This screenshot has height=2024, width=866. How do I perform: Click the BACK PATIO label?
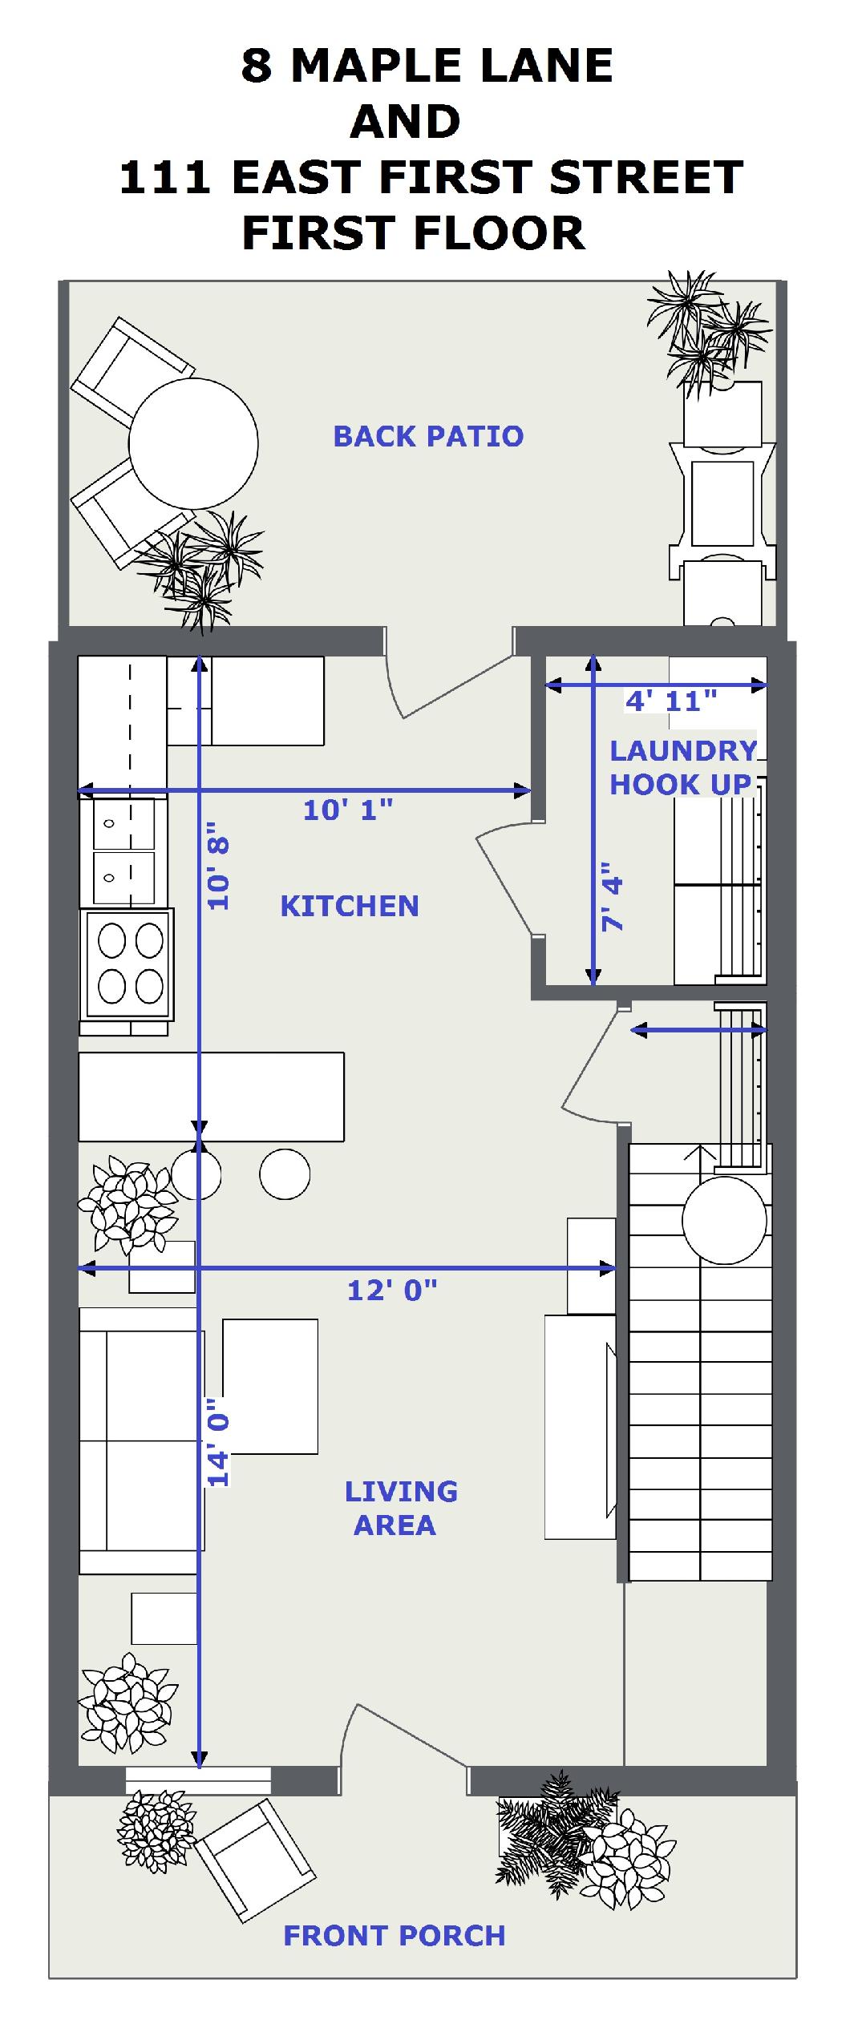pos(428,436)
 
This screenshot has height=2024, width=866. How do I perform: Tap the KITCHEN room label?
pos(350,906)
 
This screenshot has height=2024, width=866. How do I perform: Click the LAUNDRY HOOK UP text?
pos(682,767)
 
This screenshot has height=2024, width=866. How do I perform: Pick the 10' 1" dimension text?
pos(348,810)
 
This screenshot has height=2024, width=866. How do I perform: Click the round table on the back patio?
pos(193,443)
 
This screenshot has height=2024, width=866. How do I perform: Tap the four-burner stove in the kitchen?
pos(127,964)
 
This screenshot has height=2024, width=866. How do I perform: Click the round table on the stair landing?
pos(724,1220)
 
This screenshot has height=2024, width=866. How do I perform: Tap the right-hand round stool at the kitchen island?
pos(285,1174)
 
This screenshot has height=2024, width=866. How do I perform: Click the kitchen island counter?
pos(212,1097)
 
